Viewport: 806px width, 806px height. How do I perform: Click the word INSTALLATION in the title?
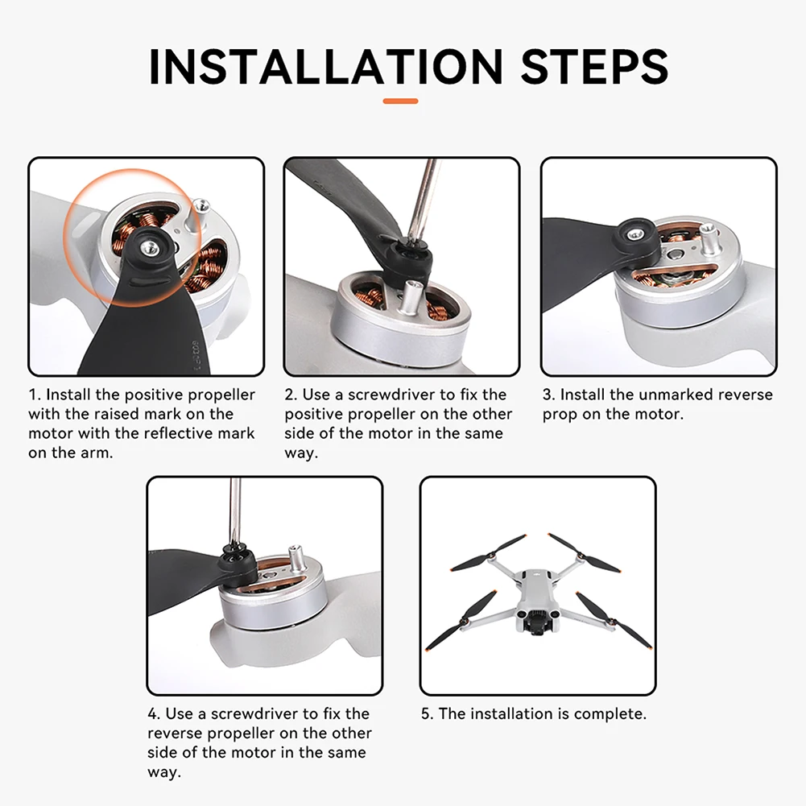tap(326, 67)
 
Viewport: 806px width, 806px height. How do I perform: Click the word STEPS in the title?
tap(594, 67)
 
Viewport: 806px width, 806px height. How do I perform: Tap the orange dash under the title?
tap(400, 101)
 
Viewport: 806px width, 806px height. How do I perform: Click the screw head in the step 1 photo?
tap(149, 247)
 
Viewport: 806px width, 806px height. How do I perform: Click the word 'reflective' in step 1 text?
tap(171, 433)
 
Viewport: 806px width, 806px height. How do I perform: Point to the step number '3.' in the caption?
tap(549, 395)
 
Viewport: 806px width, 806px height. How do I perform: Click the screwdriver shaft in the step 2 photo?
tap(425, 200)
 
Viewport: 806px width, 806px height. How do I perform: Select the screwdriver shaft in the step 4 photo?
tap(235, 511)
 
